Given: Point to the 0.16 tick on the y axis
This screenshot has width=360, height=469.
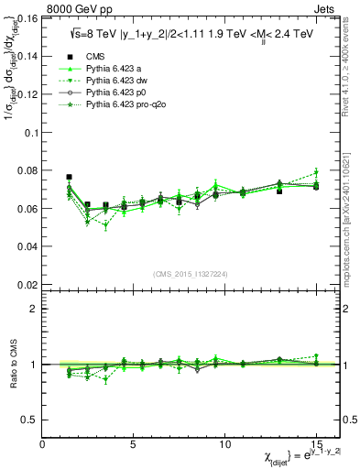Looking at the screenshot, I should pos(27,18).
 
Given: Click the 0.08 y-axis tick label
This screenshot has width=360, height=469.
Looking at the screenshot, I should pos(27,170).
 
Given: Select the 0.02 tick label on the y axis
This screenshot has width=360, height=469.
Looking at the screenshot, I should pos(27,285).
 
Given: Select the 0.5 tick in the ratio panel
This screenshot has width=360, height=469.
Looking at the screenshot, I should pos(30,420).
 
